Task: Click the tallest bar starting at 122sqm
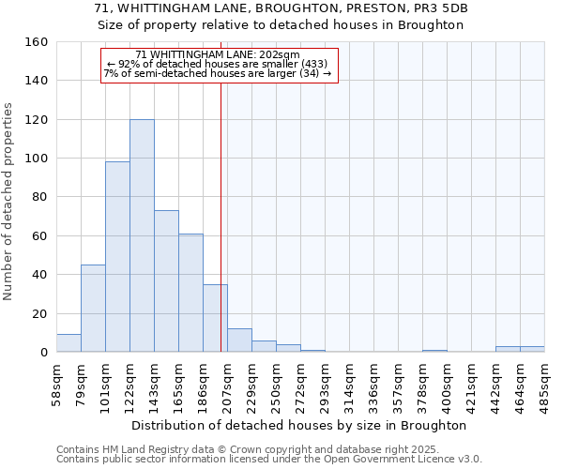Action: click(x=142, y=235)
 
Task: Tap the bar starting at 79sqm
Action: click(x=93, y=309)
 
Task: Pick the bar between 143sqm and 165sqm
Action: click(x=166, y=281)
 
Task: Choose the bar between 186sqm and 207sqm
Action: click(x=215, y=318)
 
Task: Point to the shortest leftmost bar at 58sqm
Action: click(x=68, y=343)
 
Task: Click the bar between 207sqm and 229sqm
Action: click(x=239, y=340)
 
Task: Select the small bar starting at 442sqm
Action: click(x=508, y=350)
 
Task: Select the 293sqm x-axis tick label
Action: click(x=325, y=385)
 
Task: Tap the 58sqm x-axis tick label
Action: click(x=56, y=385)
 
